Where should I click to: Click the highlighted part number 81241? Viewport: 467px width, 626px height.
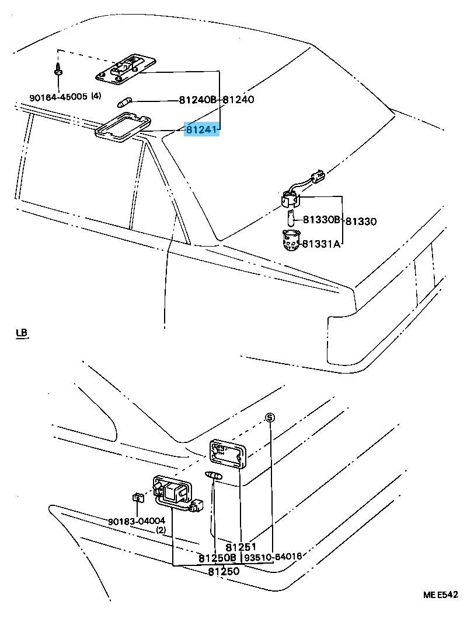(x=201, y=129)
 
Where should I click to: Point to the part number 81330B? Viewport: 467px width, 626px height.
(x=322, y=220)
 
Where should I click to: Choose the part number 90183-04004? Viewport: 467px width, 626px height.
(x=136, y=521)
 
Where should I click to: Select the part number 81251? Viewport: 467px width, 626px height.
(x=241, y=547)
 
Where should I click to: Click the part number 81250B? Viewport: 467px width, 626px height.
(x=217, y=558)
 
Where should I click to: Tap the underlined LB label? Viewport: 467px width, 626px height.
(x=22, y=333)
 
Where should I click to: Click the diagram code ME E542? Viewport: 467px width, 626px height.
(x=441, y=595)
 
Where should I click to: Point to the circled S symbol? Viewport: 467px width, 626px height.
(x=269, y=417)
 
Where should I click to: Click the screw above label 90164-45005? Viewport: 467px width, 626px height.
(x=58, y=69)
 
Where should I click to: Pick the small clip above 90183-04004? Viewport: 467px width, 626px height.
(x=138, y=497)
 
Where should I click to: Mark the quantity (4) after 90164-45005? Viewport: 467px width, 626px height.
(x=96, y=96)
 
